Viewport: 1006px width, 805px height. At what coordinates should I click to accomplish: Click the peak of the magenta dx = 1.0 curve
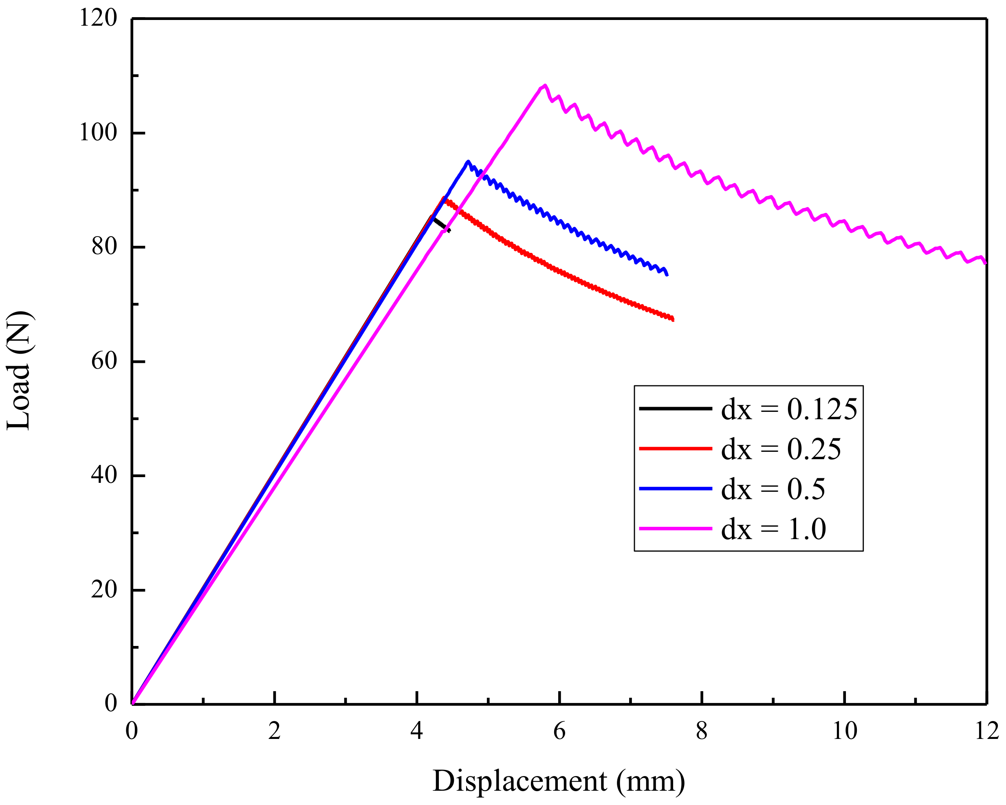tap(544, 86)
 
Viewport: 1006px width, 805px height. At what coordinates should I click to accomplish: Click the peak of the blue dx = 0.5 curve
tap(467, 161)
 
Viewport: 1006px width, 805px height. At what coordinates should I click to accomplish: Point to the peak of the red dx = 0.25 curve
tap(444, 199)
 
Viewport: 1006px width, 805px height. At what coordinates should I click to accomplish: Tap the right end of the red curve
tap(672, 319)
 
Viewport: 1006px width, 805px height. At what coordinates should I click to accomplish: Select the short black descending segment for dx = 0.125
tap(440, 224)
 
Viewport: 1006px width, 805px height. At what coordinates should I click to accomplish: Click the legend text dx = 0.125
tap(789, 409)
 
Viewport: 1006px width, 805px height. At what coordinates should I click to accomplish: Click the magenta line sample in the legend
tap(675, 529)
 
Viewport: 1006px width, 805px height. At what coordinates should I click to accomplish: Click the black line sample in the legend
tap(675, 409)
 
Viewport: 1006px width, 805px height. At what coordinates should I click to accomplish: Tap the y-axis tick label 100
tap(98, 133)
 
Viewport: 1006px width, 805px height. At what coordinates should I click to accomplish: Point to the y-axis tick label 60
tap(103, 361)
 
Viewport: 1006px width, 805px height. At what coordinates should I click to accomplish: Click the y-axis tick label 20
tap(103, 590)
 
